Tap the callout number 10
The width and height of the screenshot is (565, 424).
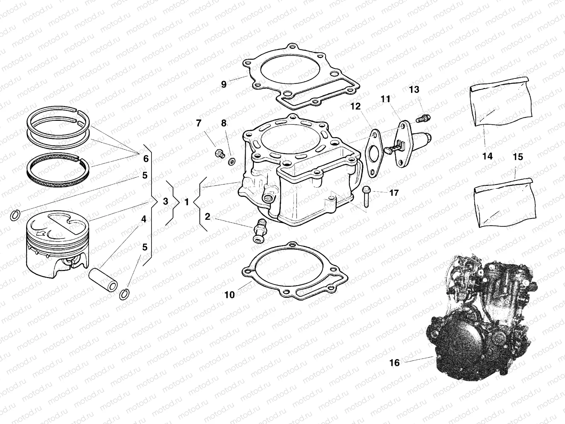tap(230, 294)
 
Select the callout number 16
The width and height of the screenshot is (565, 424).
tap(394, 363)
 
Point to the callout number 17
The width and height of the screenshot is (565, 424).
tap(394, 193)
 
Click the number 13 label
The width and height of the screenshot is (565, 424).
tap(414, 90)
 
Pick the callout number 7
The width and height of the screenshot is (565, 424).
tap(198, 123)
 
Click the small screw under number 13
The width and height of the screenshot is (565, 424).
tap(423, 118)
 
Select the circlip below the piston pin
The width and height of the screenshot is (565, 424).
tap(125, 294)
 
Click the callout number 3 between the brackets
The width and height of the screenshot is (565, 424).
tap(166, 202)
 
